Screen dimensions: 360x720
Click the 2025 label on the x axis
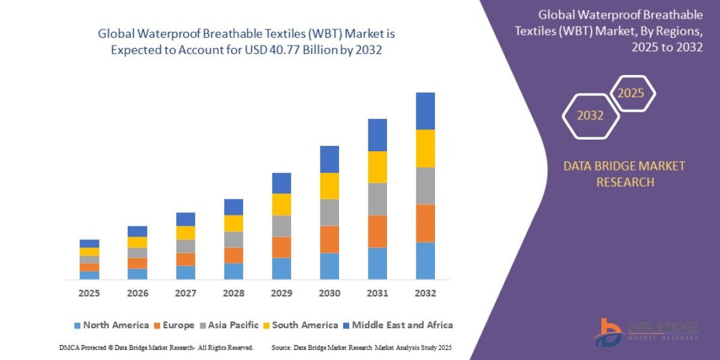[89, 293]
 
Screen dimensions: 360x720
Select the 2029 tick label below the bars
[281, 293]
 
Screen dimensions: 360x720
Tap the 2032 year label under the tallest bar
[425, 293]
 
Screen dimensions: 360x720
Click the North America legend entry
[110, 325]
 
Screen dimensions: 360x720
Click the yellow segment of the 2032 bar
[425, 148]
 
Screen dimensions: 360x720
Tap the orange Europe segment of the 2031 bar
[377, 231]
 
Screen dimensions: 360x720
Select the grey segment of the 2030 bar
[329, 212]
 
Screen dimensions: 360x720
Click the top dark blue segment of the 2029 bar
[281, 183]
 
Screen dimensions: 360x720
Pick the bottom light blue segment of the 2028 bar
[233, 271]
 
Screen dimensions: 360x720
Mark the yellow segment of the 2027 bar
[185, 233]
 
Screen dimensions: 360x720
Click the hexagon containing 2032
[590, 116]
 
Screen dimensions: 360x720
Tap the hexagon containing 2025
[631, 94]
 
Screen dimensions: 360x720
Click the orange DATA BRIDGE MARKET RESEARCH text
[624, 174]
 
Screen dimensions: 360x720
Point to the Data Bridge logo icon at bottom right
[610, 332]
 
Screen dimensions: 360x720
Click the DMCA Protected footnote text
[157, 347]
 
